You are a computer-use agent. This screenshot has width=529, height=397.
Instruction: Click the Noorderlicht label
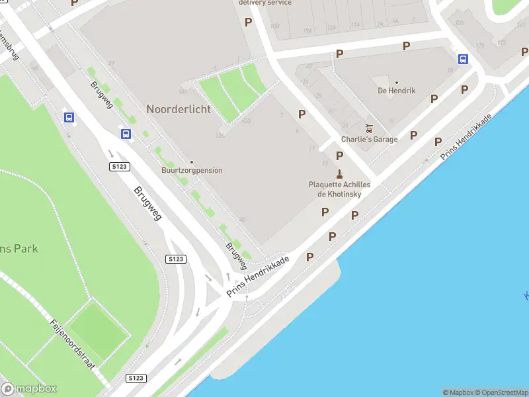179,109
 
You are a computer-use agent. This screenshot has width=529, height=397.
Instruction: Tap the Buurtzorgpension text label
192,171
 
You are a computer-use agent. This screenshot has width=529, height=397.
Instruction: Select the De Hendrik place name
397,91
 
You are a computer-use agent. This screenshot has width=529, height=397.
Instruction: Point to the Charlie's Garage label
369,140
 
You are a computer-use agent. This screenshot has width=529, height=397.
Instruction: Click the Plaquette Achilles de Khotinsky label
339,189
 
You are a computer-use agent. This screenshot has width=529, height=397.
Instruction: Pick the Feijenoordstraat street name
73,343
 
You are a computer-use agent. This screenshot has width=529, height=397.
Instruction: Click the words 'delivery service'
264,3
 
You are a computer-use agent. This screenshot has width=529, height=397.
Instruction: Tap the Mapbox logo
29,389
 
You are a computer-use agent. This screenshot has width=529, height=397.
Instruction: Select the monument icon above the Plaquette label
339,174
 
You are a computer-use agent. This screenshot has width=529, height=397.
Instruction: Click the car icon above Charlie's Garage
369,128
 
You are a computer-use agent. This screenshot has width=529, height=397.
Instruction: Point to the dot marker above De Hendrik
397,83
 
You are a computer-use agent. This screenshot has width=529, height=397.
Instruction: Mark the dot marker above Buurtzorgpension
192,162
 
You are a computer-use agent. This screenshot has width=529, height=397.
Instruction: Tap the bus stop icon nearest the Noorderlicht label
126,134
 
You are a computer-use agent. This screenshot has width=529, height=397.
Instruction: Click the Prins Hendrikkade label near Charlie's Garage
466,136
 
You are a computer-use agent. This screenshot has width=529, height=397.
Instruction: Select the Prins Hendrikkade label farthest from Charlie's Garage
258,277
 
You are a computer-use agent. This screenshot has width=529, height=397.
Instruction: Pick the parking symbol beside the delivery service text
248,22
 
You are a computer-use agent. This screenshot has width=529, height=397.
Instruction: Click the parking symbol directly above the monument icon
339,155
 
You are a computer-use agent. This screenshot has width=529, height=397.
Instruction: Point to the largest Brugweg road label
147,202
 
